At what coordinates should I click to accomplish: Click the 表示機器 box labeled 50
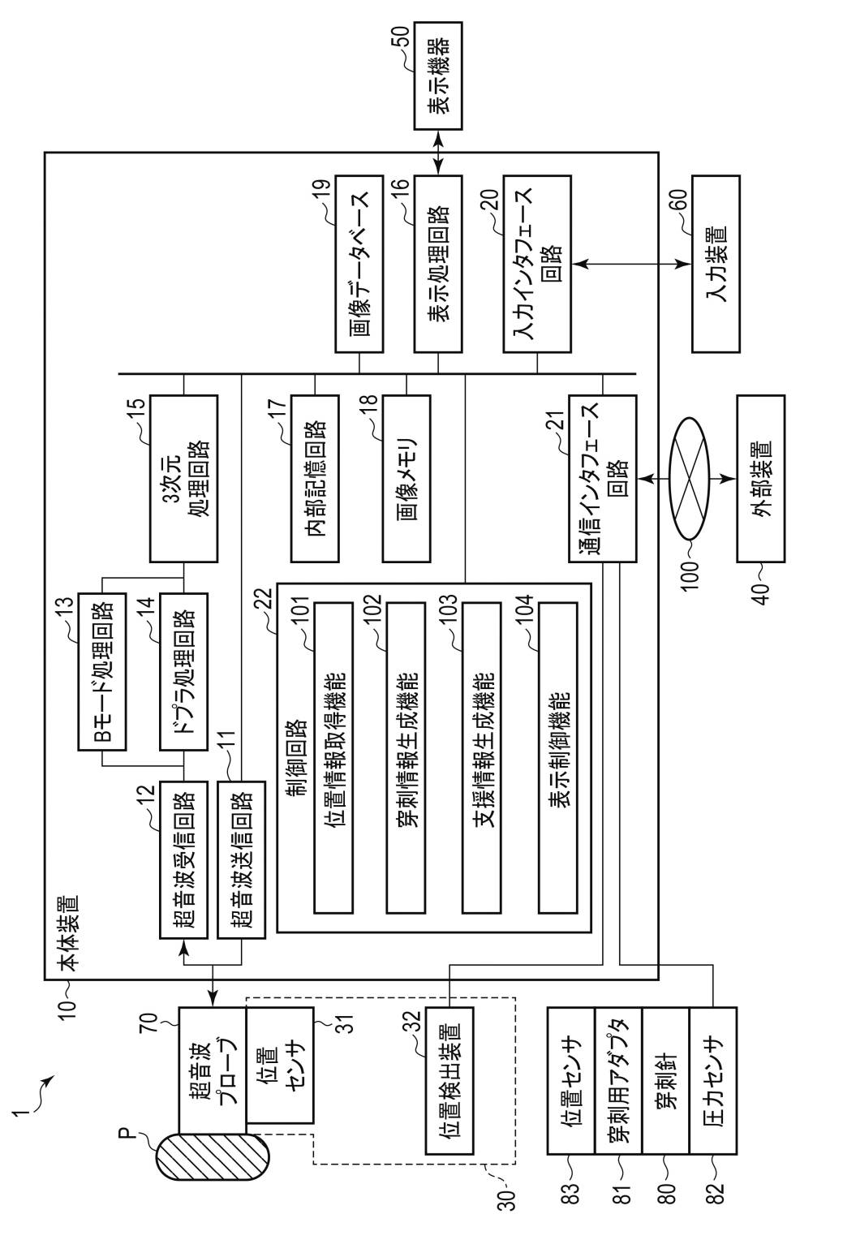point(438,75)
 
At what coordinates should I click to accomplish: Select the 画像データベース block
point(360,265)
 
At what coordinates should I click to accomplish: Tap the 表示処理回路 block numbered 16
point(438,265)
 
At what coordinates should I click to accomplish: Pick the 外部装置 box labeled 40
point(760,478)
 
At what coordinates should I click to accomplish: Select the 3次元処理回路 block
point(184,478)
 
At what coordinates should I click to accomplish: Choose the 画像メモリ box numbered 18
point(406,478)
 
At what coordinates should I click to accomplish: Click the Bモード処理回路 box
point(102,671)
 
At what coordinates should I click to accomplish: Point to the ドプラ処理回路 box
point(183,671)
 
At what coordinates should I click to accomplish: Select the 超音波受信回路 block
point(183,859)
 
